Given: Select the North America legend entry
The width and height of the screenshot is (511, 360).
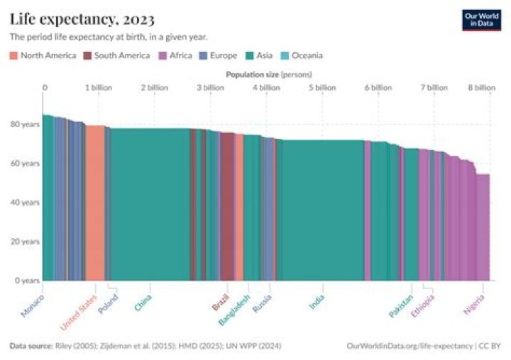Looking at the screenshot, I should click(x=43, y=55).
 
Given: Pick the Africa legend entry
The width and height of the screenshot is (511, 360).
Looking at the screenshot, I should click(x=175, y=55).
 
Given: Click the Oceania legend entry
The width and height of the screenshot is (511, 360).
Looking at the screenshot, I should click(x=302, y=55).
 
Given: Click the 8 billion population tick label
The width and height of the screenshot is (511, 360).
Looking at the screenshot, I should click(x=481, y=87).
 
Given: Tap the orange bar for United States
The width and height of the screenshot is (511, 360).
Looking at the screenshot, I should click(x=95, y=206).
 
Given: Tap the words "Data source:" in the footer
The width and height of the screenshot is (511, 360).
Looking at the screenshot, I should click(x=30, y=346).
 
